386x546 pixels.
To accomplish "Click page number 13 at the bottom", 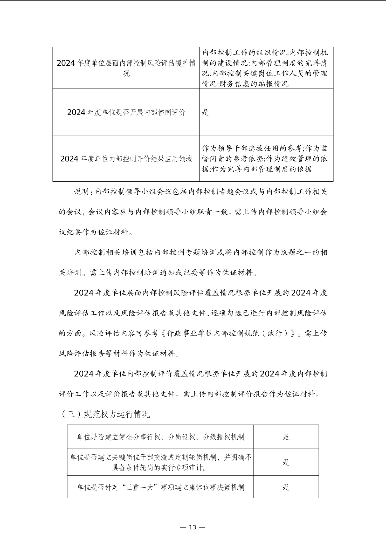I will [x=192, y=527].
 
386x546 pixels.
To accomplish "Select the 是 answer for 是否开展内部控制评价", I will [x=205, y=112].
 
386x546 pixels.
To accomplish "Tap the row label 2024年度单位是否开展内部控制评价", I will [x=126, y=112].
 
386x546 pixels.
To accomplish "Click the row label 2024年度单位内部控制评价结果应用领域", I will [x=126, y=159].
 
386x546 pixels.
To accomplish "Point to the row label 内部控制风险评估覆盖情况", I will [x=126, y=68].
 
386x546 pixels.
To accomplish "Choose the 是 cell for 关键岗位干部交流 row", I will [x=286, y=462].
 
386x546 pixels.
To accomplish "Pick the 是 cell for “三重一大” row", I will [x=286, y=487].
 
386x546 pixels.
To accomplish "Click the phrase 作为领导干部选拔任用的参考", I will [x=252, y=148].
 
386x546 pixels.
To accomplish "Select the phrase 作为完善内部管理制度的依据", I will [x=262, y=169].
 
